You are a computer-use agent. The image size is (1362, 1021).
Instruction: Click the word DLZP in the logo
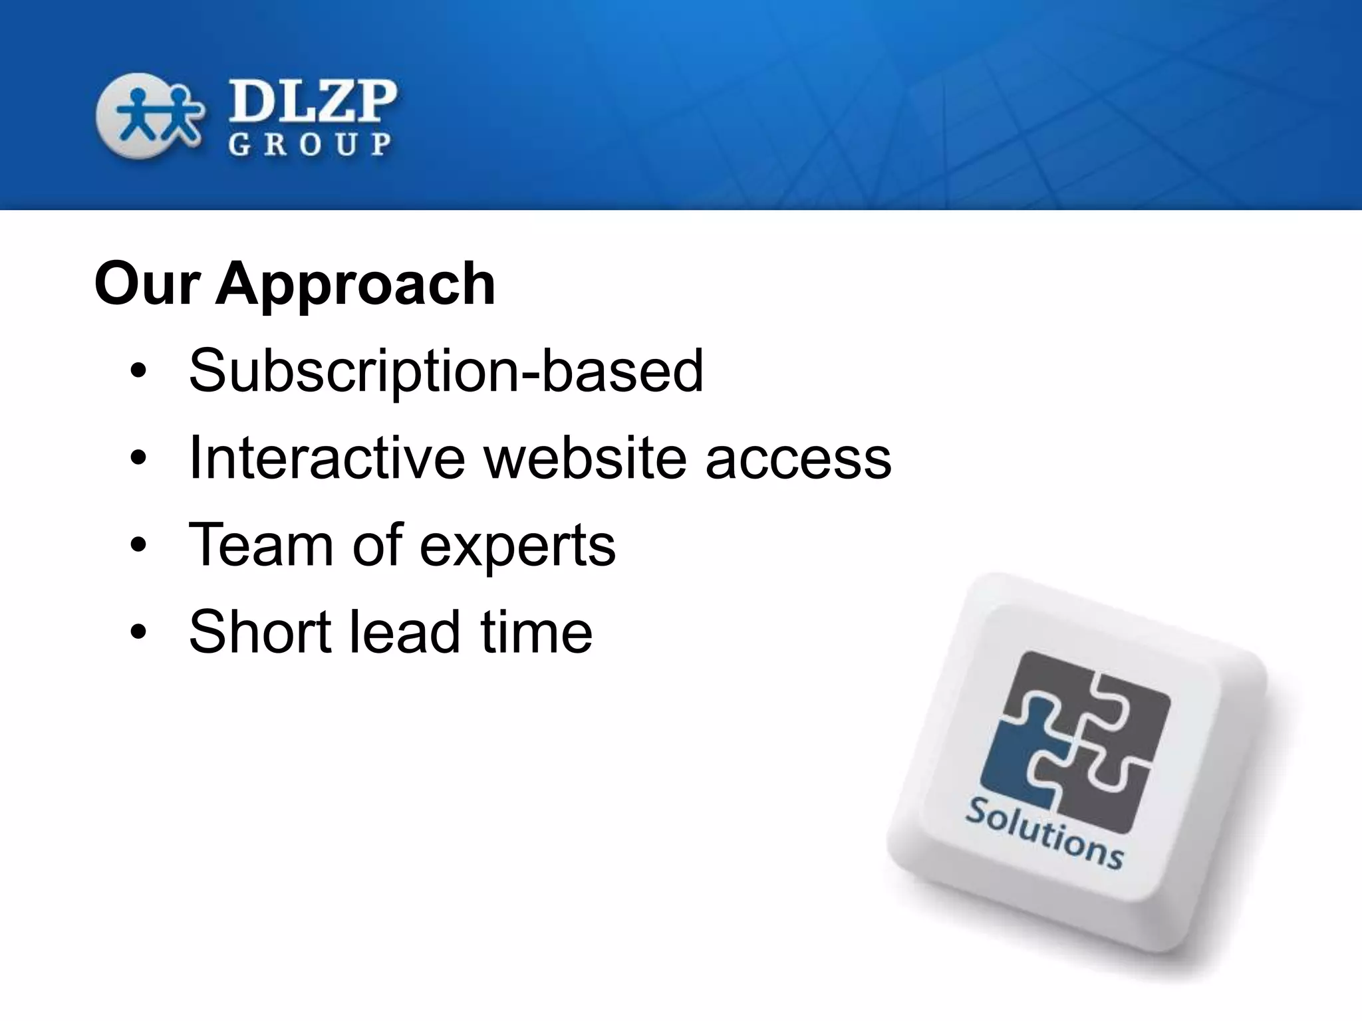(x=313, y=101)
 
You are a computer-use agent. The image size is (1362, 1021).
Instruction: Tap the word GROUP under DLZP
(x=310, y=144)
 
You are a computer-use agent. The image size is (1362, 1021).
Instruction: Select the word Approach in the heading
(x=355, y=284)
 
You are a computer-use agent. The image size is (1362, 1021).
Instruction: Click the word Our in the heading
(x=147, y=284)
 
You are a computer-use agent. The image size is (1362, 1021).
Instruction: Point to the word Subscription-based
(x=446, y=370)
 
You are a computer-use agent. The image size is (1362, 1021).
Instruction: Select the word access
(x=798, y=459)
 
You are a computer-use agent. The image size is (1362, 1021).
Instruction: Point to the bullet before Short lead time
(x=138, y=633)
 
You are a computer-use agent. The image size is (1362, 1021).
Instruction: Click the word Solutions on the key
(x=1044, y=834)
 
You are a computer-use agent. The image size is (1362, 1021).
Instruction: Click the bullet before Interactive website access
(x=138, y=459)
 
